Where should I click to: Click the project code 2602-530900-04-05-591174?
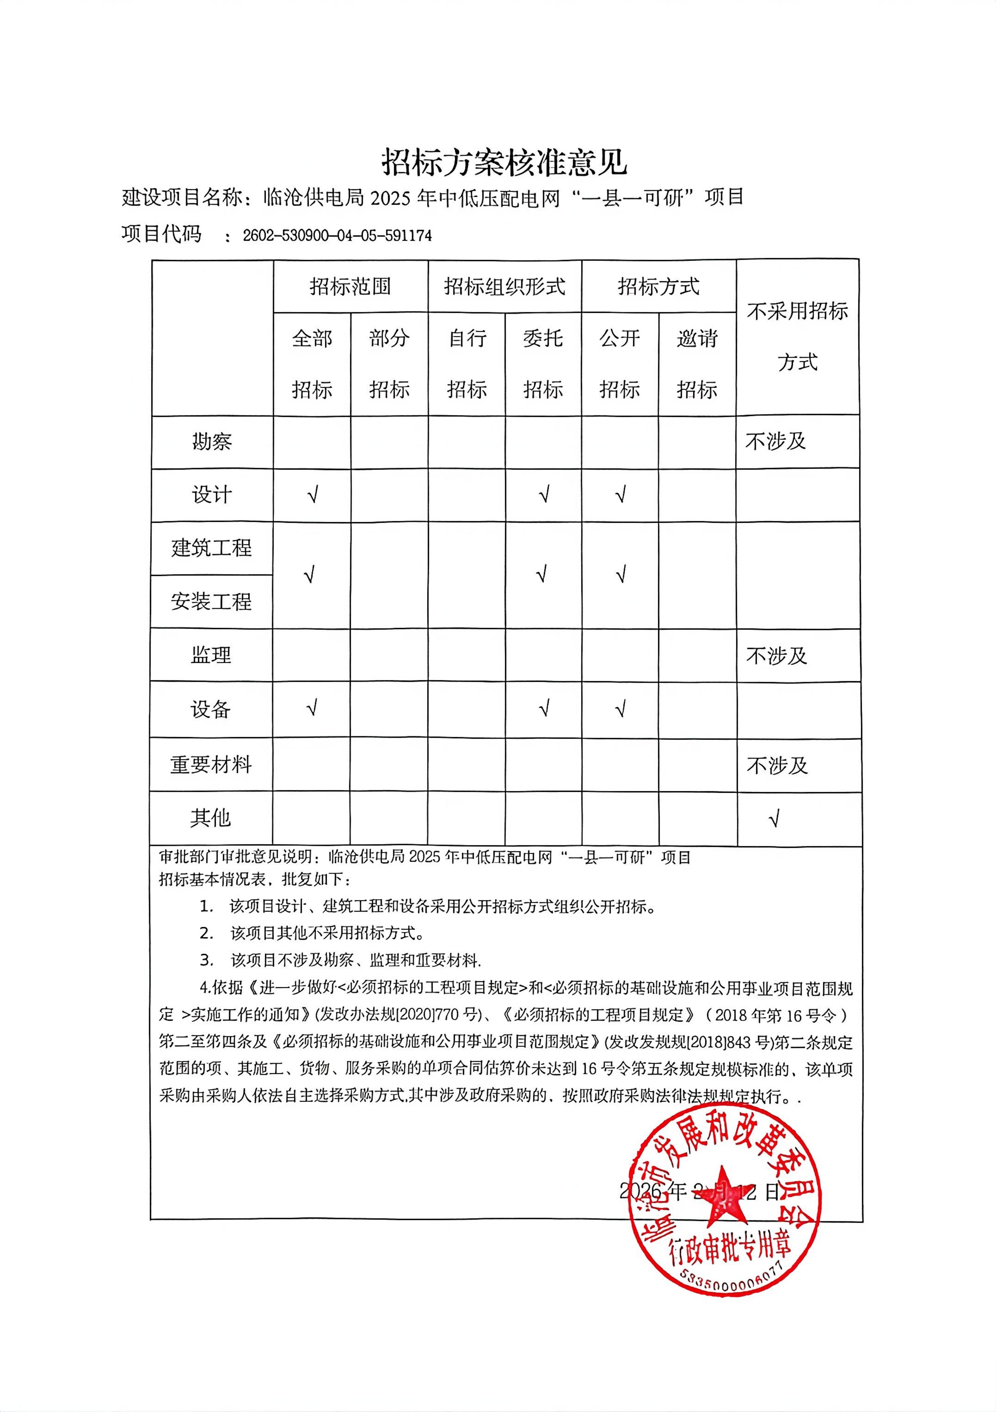(337, 235)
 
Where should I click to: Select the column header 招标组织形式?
(505, 286)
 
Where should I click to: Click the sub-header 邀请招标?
(697, 363)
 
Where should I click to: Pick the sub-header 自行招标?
(467, 363)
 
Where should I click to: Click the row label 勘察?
(212, 441)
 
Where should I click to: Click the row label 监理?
(211, 655)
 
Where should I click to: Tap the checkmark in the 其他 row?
(774, 819)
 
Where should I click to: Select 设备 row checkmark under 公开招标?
(621, 709)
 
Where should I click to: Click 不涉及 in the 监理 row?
(776, 656)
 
